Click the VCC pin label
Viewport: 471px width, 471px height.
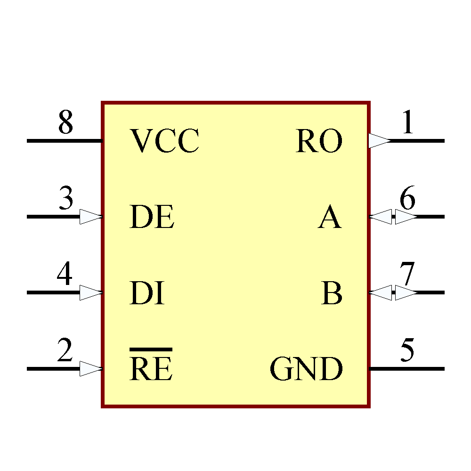164,141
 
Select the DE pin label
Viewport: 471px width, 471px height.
152,217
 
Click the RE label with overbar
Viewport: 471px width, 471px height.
151,369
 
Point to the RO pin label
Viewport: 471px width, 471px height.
319,141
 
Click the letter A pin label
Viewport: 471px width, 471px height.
329,218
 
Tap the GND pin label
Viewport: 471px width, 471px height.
306,369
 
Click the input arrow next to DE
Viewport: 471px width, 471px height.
90,217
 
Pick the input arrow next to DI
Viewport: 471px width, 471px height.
90,292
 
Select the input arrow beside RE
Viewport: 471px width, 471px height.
90,368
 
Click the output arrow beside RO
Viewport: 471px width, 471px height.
379,140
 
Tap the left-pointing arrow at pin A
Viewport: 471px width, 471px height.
381,217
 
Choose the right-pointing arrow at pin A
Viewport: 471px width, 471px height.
405,217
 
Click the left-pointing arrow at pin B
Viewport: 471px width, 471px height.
381,292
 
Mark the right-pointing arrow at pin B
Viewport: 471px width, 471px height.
405,292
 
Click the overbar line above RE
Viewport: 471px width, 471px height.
151,349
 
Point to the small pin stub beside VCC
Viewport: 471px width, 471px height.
101,140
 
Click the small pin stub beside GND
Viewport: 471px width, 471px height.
370,369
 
